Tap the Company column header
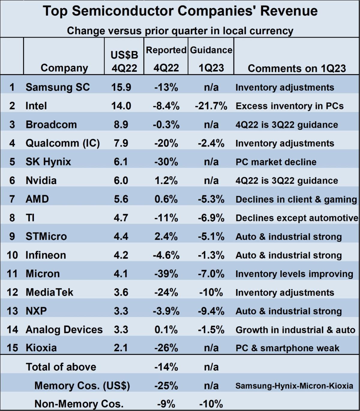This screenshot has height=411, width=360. point(64,68)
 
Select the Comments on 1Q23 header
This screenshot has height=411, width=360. point(296,68)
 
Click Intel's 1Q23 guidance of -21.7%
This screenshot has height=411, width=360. point(211,106)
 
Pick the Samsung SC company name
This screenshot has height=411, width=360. point(58,87)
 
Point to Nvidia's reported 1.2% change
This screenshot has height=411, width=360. point(166,180)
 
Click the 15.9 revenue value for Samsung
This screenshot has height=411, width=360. point(121,87)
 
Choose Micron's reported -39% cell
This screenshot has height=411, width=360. point(166,274)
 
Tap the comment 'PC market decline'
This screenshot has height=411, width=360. point(276,162)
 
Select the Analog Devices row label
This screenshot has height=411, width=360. point(64,330)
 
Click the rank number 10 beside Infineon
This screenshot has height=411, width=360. point(12,255)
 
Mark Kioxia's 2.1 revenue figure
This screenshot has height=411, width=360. point(121,348)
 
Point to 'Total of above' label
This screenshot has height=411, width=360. point(61,367)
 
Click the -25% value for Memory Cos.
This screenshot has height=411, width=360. point(166,385)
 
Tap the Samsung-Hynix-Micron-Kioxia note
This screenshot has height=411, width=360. point(294,386)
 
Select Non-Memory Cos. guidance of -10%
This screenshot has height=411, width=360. point(211,404)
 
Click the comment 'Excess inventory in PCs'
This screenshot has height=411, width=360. point(289,106)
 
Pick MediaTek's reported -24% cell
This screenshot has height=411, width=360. point(166,292)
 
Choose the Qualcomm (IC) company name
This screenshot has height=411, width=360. point(62,143)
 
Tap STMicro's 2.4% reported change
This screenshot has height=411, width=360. point(166,237)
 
